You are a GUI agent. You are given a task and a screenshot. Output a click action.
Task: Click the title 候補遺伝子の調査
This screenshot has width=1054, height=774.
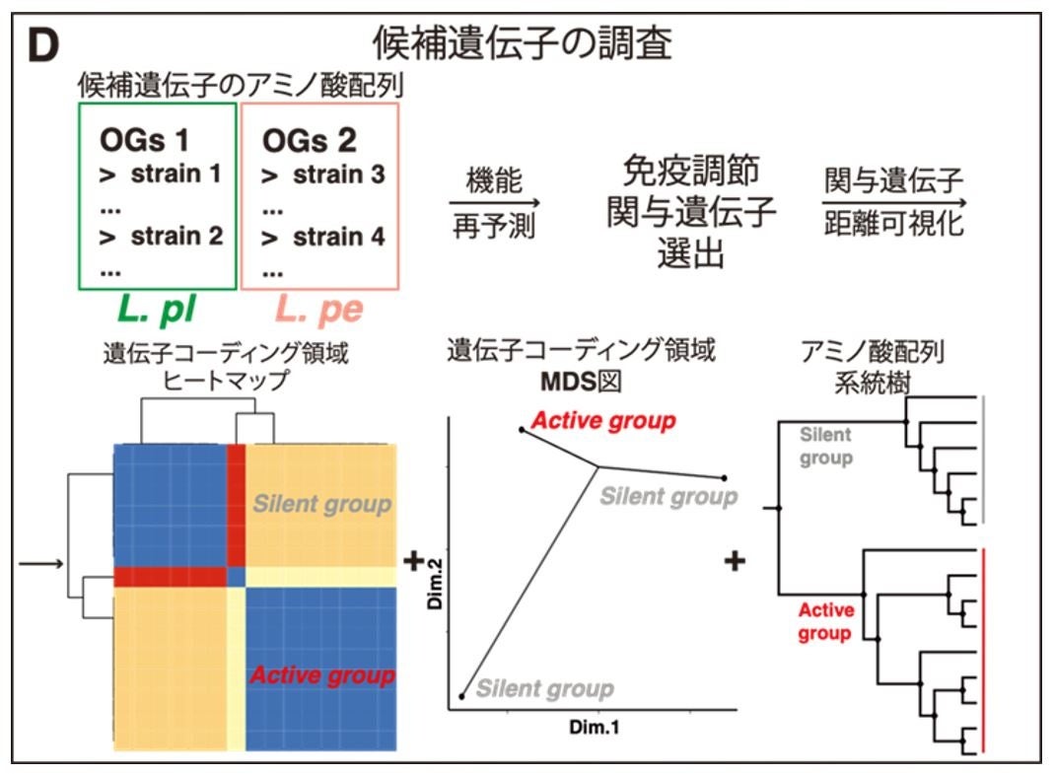[x=523, y=43]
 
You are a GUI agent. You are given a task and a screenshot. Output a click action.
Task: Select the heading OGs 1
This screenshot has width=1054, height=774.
[x=144, y=140]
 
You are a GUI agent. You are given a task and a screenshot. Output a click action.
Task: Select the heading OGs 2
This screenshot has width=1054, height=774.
[x=309, y=140]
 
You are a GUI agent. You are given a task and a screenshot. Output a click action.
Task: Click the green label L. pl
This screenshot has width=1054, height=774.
[x=157, y=310]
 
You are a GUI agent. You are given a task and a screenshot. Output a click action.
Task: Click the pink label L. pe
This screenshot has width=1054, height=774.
[x=318, y=310]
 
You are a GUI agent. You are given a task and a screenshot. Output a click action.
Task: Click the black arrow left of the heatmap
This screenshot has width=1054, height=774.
[x=41, y=564]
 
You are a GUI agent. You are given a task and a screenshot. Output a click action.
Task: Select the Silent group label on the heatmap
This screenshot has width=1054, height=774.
[x=321, y=504]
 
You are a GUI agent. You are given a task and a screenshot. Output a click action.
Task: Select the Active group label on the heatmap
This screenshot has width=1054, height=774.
[x=321, y=675]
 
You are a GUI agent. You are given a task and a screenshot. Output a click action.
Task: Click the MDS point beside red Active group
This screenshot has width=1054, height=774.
[x=522, y=430]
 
